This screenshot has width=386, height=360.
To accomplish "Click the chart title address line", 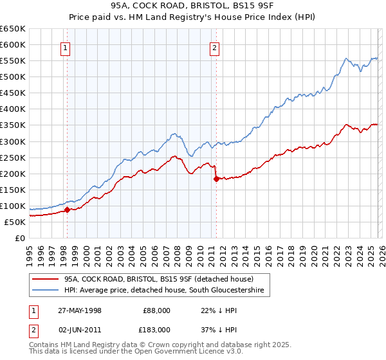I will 193,6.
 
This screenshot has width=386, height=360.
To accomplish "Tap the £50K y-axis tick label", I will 15,222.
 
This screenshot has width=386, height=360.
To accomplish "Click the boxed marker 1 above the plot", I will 66,47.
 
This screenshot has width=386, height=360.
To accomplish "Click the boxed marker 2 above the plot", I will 214,47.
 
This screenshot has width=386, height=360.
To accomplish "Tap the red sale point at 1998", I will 67,210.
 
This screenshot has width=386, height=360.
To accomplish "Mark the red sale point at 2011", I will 216,179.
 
